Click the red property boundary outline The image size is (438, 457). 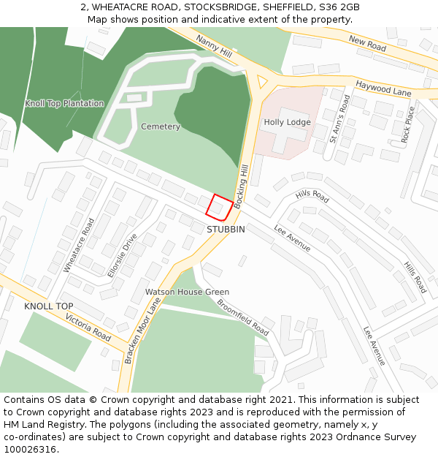click(219, 207)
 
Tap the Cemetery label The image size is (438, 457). click(161, 126)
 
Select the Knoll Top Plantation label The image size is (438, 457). click(64, 104)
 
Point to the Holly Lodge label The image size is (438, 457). click(287, 122)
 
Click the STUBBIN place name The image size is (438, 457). click(226, 230)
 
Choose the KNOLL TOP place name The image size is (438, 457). click(49, 306)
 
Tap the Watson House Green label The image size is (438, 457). click(187, 292)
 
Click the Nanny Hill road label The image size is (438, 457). click(213, 45)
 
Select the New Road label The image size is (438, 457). click(367, 45)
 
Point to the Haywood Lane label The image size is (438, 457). click(383, 89)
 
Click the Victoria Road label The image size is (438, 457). click(88, 328)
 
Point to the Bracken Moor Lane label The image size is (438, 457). click(142, 335)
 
